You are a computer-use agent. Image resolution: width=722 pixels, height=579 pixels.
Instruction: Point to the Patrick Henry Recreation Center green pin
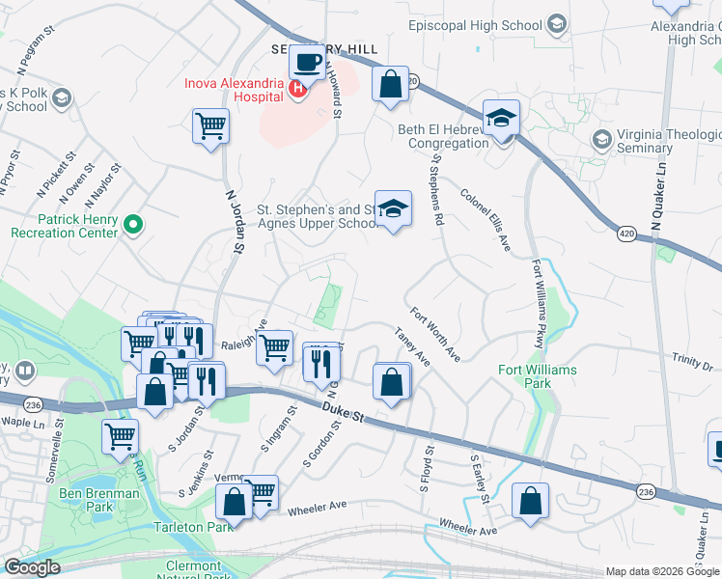click(135, 226)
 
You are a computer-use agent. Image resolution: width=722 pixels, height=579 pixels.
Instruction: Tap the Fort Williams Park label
click(538, 376)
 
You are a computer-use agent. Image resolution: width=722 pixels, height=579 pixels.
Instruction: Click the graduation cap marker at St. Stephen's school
click(393, 209)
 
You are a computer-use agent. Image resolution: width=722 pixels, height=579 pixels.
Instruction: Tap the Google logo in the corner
click(32, 567)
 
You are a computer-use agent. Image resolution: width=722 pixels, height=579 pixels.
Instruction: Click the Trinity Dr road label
click(692, 361)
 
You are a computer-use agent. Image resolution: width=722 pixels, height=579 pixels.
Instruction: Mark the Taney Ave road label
click(411, 345)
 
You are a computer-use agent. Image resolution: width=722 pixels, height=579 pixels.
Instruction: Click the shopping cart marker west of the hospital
click(210, 125)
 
